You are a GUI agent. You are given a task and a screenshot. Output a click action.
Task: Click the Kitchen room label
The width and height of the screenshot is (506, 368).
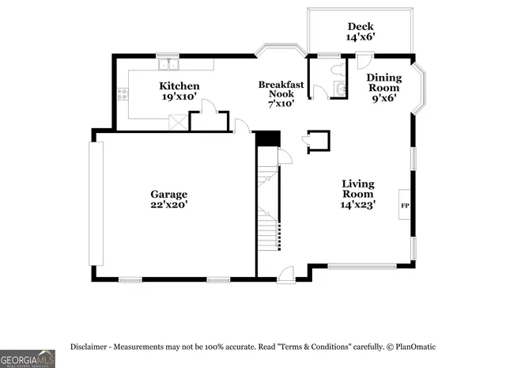pos(179,86)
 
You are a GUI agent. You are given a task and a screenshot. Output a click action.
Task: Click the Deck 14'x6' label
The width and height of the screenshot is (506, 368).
pos(360,32)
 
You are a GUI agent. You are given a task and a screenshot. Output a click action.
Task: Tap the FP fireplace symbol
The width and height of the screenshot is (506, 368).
pos(405,206)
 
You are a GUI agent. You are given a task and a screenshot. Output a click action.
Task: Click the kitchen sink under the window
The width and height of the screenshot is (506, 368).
pos(168,63)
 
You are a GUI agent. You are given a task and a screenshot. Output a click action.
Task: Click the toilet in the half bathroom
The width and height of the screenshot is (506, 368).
pos(338,70)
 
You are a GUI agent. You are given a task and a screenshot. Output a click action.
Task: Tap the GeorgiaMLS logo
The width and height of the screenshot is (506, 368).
pos(27,358)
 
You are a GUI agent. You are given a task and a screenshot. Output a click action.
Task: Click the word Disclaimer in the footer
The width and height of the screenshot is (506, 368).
pos(93,347)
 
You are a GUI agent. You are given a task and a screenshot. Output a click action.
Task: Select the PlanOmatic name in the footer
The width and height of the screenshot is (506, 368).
pos(415,347)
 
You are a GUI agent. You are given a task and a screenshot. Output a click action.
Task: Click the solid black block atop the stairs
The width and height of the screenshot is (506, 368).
pos(269,138)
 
